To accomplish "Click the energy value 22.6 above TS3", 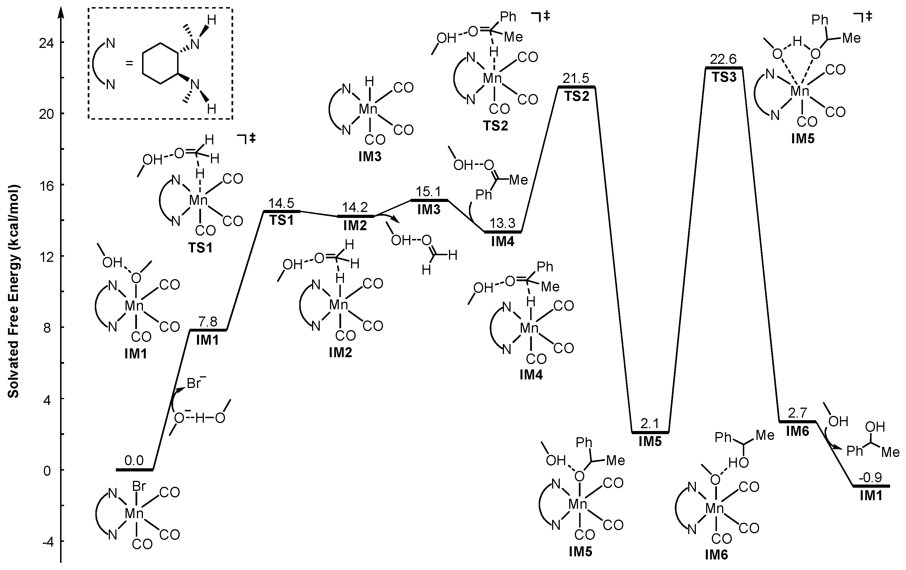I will [723, 60].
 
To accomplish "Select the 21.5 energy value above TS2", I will [576, 78].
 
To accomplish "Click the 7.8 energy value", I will [208, 322].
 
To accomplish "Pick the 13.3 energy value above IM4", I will [502, 223].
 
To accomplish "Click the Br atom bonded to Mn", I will [139, 487].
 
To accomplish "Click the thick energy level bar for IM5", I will [650, 432].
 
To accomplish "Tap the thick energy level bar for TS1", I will [281, 212].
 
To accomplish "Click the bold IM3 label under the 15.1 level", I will [429, 209].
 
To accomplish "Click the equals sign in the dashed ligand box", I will [130, 63].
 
